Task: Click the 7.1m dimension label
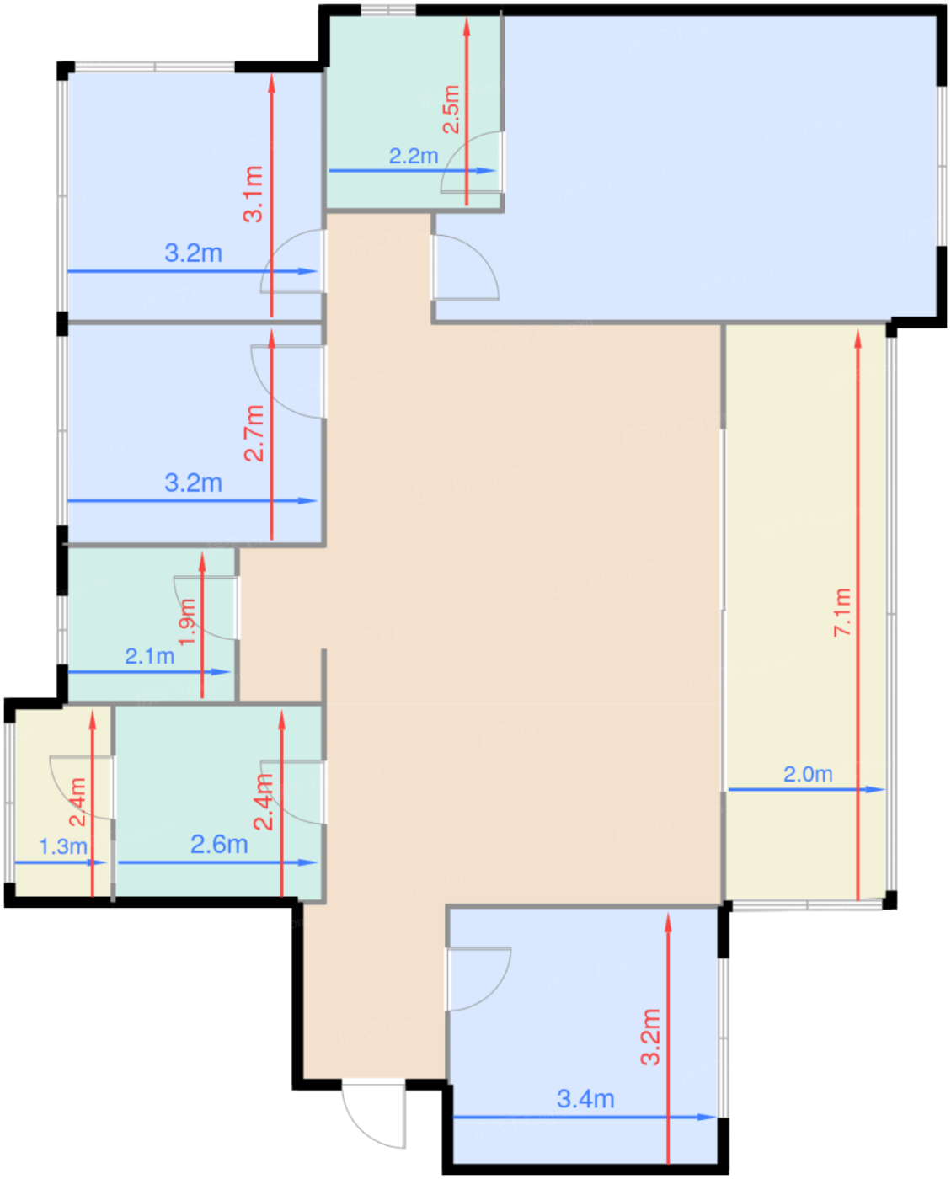tap(842, 611)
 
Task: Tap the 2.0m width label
tap(808, 774)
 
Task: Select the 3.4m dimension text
tap(585, 1099)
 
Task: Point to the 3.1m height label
tap(253, 194)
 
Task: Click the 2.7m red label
tap(254, 434)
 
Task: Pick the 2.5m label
tap(451, 109)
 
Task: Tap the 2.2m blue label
tap(414, 156)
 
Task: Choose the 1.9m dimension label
tap(187, 622)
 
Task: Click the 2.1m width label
tap(150, 656)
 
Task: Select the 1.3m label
tap(63, 846)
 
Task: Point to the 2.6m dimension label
tap(219, 845)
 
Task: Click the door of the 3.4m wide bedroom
tap(478, 979)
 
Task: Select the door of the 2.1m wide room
tap(206, 608)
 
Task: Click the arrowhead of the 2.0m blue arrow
tap(876, 789)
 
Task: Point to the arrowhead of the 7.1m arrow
tap(858, 339)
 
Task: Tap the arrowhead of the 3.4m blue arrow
tap(708, 1117)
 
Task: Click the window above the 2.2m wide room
tap(388, 10)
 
